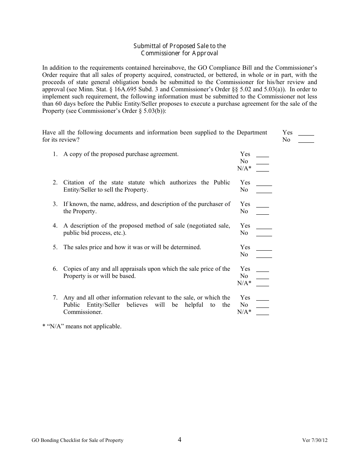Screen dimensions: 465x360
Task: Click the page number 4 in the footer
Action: (x=180, y=440)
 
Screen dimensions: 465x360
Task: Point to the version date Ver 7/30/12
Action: (x=315, y=440)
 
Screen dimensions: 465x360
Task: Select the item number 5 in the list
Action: (x=55, y=247)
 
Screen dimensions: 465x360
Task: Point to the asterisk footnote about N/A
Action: (x=82, y=326)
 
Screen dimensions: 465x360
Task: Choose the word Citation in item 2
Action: (x=74, y=183)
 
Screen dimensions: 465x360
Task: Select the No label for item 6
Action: (x=244, y=276)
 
